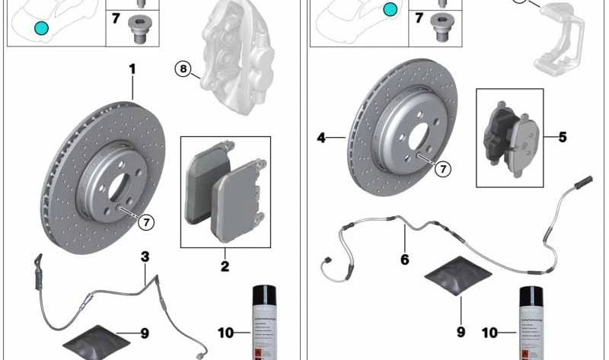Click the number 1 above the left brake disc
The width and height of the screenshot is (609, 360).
pos(132,69)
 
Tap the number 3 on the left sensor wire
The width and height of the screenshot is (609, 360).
pos(145,257)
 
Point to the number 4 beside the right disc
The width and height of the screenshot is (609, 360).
pos(321,138)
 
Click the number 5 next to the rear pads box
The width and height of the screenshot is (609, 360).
pos(563,138)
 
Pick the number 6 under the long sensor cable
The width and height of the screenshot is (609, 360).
pos(404,260)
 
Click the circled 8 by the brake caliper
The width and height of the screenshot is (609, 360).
pos(183,69)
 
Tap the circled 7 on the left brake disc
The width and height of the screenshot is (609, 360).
pos(146,221)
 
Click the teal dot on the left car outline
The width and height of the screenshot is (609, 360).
pos(40,28)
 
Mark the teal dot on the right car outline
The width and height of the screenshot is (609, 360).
pos(391,9)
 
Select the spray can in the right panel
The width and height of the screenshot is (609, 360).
pos(531,323)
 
